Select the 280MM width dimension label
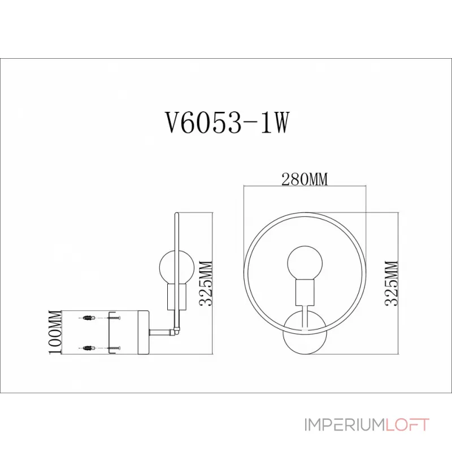pyautogui.click(x=305, y=180)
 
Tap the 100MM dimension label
pyautogui.click(x=55, y=332)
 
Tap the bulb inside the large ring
pyautogui.click(x=305, y=263)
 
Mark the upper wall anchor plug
pyautogui.click(x=88, y=319)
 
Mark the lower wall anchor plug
pyautogui.click(x=88, y=347)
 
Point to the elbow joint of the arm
pyautogui.click(x=177, y=331)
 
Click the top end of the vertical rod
pyautogui.click(x=177, y=214)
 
